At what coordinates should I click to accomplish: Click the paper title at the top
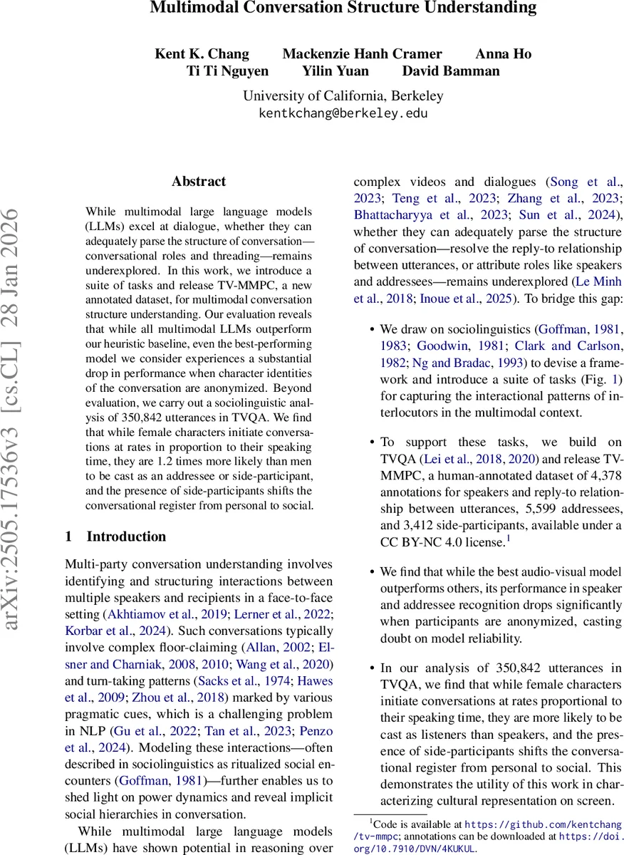click(343, 9)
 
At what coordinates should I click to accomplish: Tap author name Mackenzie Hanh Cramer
click(362, 54)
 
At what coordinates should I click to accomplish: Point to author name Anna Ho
click(503, 54)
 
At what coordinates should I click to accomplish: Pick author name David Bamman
click(451, 71)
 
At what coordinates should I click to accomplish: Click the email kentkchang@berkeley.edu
click(343, 113)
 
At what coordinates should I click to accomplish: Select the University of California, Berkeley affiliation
click(343, 95)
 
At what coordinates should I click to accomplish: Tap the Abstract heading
click(198, 182)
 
